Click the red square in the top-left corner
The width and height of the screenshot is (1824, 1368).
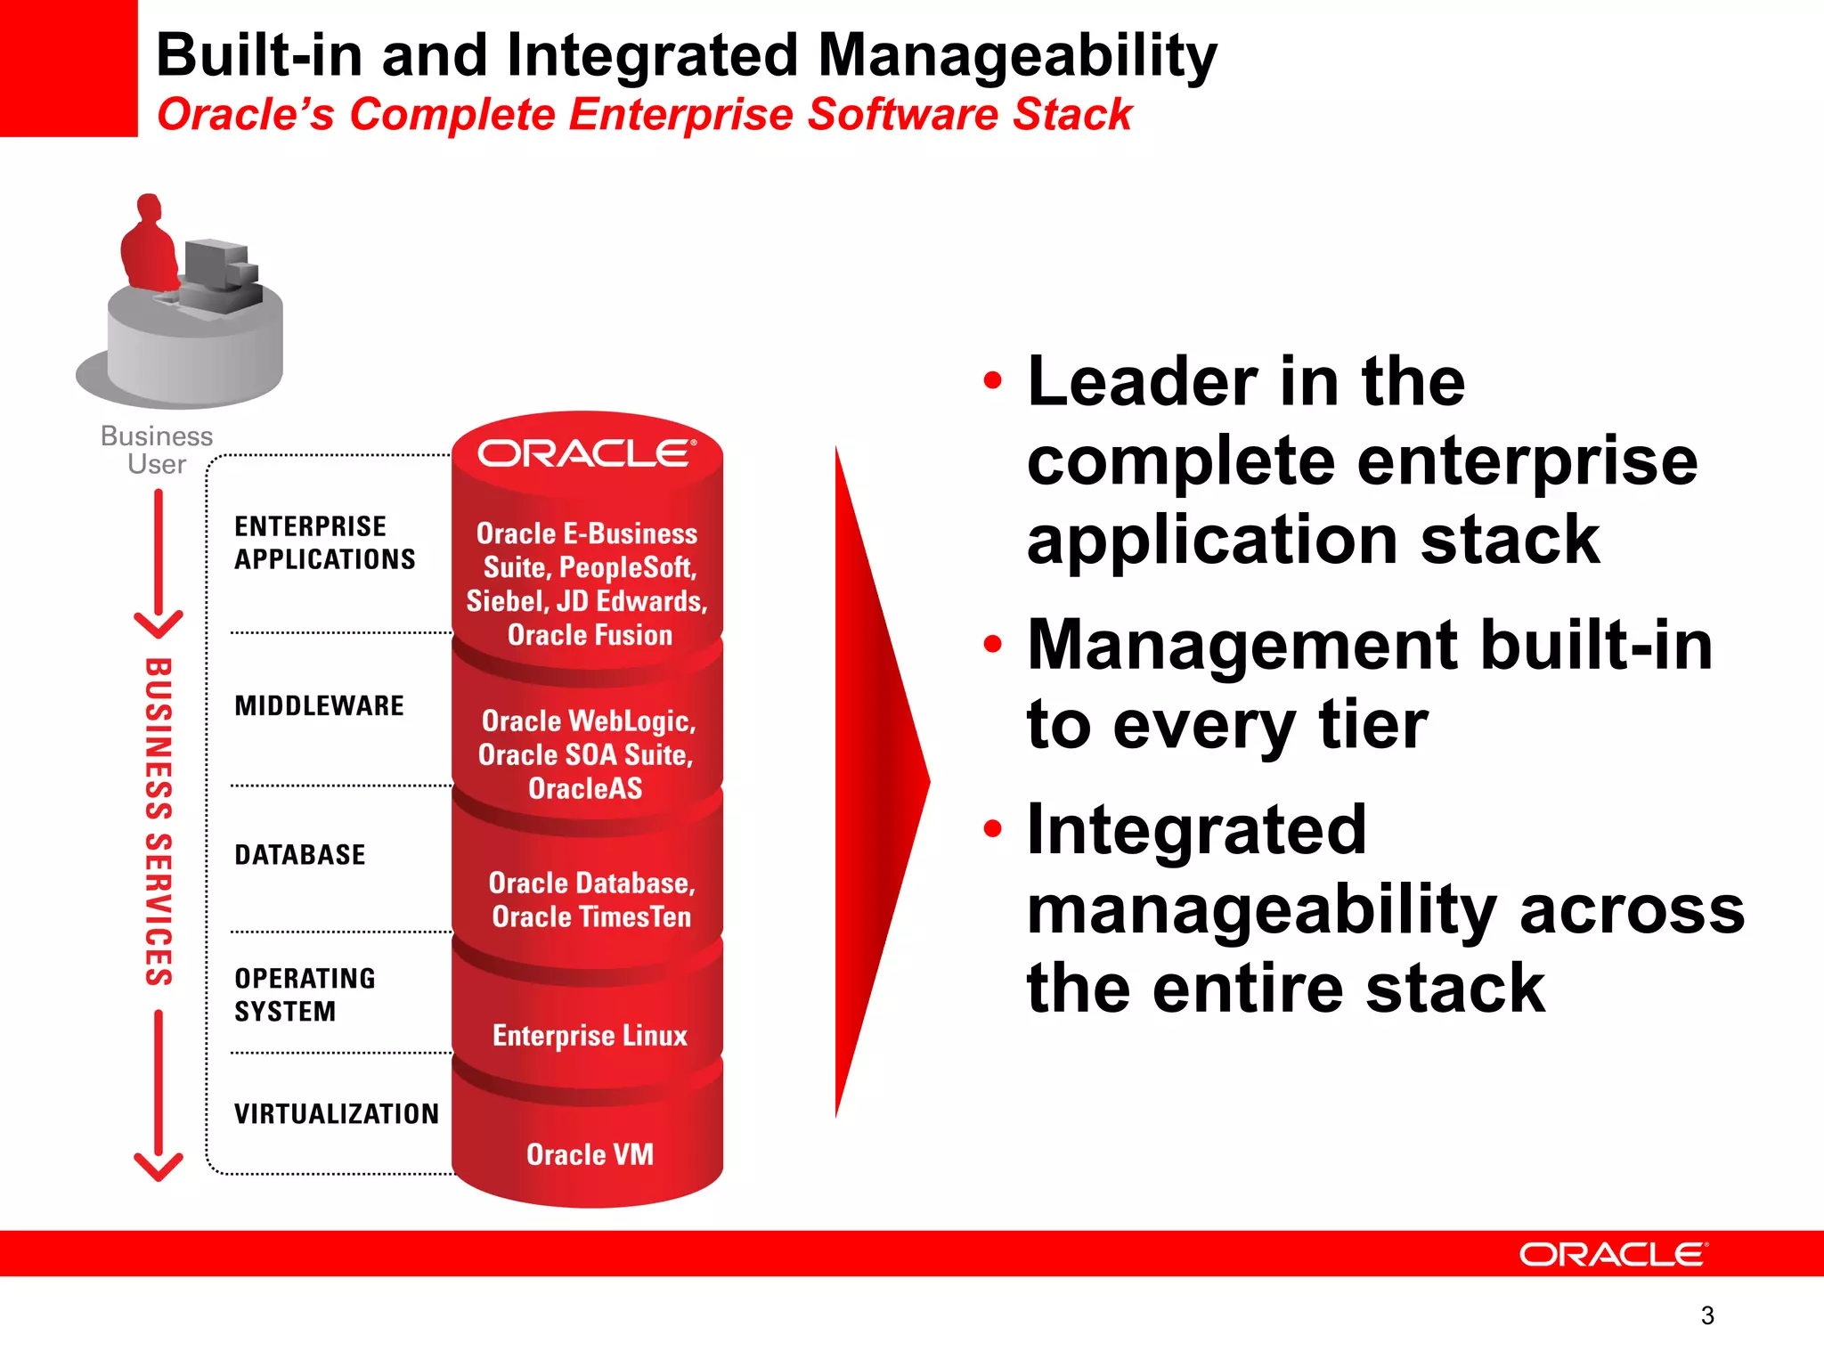click(x=68, y=68)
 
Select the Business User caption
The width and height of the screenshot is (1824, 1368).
click(x=157, y=450)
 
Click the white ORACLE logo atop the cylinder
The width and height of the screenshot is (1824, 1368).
click(x=586, y=453)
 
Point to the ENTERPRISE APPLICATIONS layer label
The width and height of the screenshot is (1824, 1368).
click(x=324, y=542)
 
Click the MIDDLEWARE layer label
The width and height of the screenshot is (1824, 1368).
click(x=319, y=706)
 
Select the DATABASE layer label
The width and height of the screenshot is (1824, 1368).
click(x=299, y=855)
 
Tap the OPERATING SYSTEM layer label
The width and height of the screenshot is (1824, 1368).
click(x=305, y=995)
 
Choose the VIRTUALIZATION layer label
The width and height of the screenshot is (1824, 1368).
click(x=337, y=1114)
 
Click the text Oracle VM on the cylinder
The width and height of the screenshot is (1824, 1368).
click(x=590, y=1155)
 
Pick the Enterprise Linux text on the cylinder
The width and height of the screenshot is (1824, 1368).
click(x=590, y=1036)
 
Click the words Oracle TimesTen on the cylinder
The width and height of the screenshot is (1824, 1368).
click(x=591, y=917)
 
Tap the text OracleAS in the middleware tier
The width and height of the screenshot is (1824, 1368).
click(x=585, y=789)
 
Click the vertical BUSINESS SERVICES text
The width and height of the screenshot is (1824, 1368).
click(x=159, y=821)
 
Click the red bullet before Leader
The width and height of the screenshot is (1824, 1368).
click(x=992, y=381)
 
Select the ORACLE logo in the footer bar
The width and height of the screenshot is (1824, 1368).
click(x=1613, y=1255)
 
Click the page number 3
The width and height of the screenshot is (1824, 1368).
click(x=1706, y=1315)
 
